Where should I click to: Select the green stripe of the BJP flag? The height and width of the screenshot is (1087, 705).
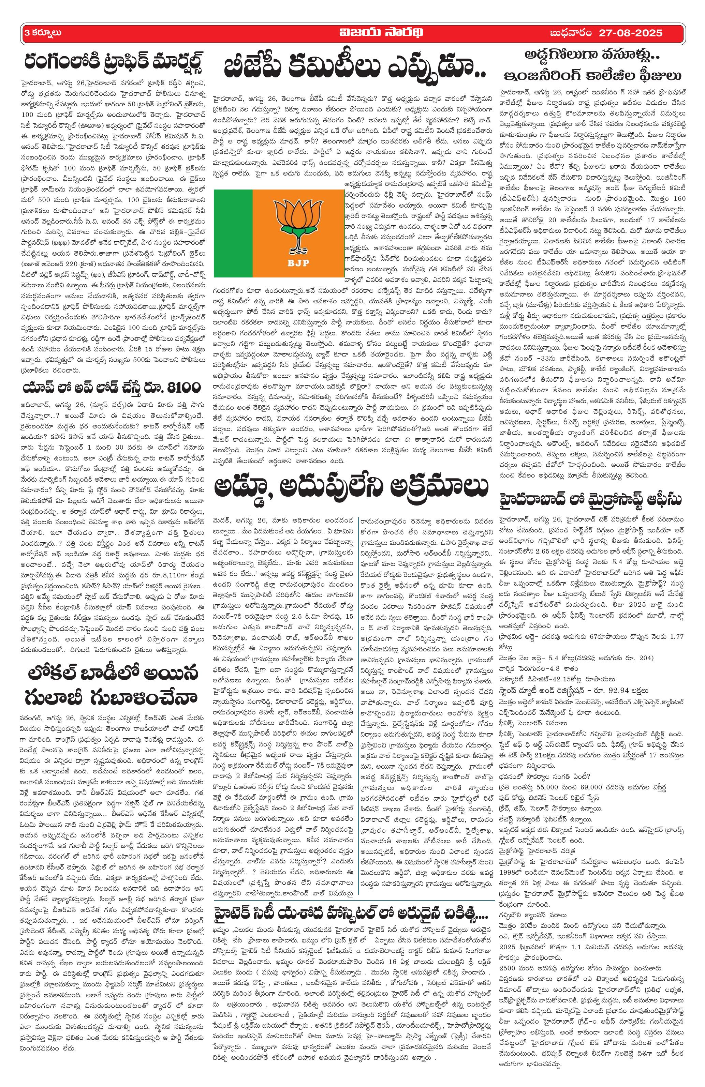pyautogui.click(x=233, y=234)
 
